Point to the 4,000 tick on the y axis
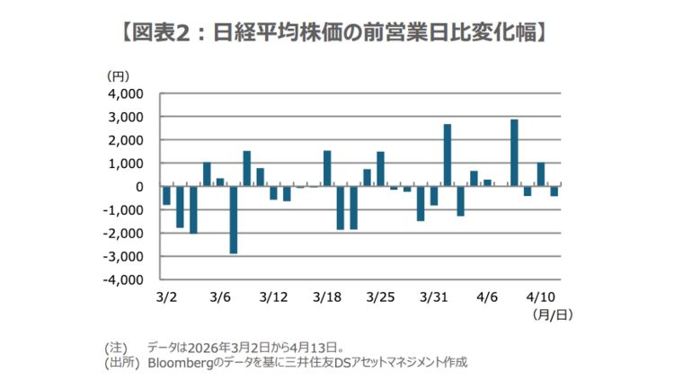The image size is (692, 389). click(x=126, y=93)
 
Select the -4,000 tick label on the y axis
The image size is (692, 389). click(x=123, y=280)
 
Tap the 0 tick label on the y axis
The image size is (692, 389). click(x=139, y=187)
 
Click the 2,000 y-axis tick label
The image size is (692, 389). click(x=126, y=140)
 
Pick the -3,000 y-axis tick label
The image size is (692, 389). click(x=123, y=257)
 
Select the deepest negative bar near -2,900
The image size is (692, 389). click(x=234, y=220)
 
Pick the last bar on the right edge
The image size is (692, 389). click(x=554, y=191)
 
